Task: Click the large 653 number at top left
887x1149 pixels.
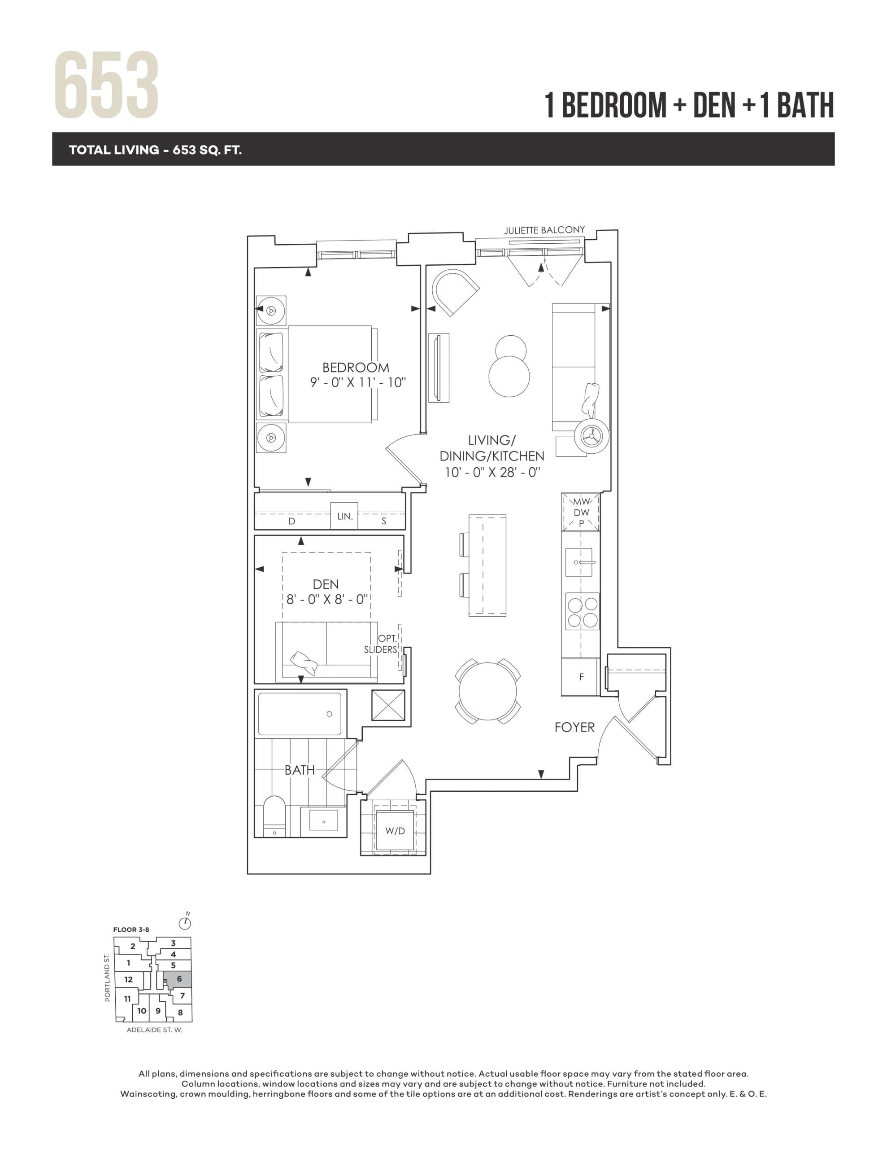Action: (106, 85)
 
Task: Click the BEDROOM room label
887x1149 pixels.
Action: (356, 367)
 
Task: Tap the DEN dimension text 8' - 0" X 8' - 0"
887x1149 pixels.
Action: (326, 599)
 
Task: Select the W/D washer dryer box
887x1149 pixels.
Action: (395, 831)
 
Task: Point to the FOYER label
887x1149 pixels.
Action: (574, 727)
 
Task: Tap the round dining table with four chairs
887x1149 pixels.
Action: (487, 691)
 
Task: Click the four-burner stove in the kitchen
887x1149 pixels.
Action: (582, 611)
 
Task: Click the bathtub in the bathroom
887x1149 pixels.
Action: (299, 714)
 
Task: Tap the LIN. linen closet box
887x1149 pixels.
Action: (344, 516)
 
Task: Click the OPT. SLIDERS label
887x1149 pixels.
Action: (381, 644)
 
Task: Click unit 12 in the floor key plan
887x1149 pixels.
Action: (128, 979)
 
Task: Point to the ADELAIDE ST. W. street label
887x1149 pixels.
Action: (154, 1030)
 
